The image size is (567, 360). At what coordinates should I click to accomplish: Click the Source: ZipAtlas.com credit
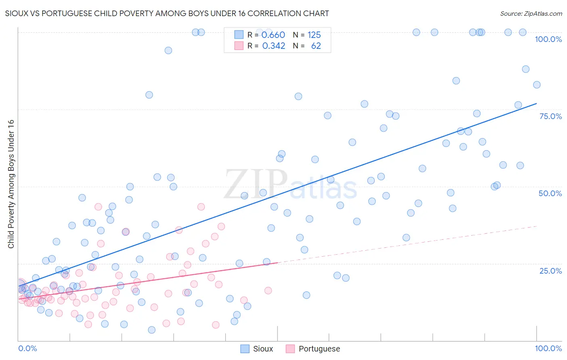click(x=531, y=13)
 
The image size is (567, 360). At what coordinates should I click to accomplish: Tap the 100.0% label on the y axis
click(x=548, y=39)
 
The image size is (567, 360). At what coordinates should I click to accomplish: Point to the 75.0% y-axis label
click(x=550, y=116)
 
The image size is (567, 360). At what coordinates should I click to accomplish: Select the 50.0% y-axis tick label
click(x=550, y=193)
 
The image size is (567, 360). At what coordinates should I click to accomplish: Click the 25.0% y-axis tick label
click(x=550, y=270)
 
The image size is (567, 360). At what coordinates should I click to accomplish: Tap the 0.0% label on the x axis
click(x=27, y=348)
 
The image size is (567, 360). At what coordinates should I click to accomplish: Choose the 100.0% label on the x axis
click(x=548, y=348)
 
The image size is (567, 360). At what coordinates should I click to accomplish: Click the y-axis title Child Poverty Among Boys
click(x=11, y=184)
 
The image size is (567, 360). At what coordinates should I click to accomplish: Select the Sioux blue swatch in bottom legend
click(x=245, y=349)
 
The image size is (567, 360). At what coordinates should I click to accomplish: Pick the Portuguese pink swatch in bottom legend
click(x=290, y=349)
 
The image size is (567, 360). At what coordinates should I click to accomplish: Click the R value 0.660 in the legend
click(x=273, y=35)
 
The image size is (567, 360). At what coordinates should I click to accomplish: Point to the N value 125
click(x=314, y=35)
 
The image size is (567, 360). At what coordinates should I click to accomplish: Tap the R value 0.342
click(x=273, y=46)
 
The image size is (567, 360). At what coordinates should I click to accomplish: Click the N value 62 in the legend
click(x=316, y=46)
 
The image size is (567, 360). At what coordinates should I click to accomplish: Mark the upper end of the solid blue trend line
click(x=536, y=104)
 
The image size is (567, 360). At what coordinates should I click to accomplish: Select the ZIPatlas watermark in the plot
click(x=290, y=185)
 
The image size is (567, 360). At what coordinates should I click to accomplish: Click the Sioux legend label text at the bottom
click(x=263, y=349)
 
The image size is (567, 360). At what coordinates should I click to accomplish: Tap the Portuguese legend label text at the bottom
click(x=319, y=349)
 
